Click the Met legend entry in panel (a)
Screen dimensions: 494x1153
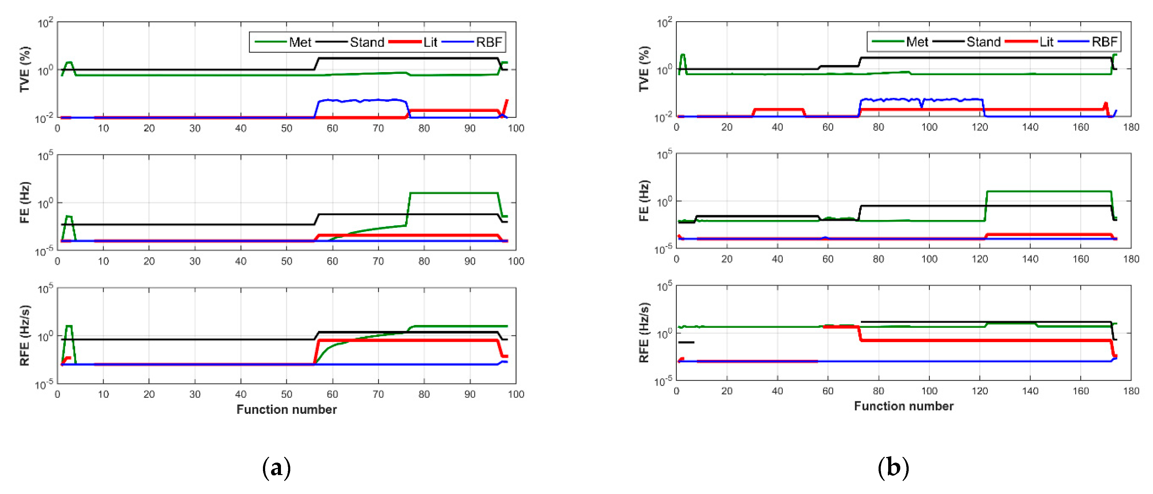click(x=300, y=42)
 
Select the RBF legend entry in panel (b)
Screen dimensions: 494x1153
click(x=1104, y=42)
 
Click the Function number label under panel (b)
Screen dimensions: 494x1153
click(x=903, y=406)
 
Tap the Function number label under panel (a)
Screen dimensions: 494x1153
click(x=287, y=409)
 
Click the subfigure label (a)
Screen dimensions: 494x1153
click(x=276, y=468)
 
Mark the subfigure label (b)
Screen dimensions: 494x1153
click(x=893, y=468)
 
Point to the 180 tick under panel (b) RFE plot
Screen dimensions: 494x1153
click(x=1131, y=391)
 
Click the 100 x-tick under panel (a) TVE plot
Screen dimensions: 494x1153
click(x=516, y=129)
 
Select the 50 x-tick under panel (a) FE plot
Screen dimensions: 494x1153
click(x=287, y=261)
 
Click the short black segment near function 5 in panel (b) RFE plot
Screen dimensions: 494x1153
click(x=686, y=342)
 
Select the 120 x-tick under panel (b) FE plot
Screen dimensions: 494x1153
click(x=979, y=259)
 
